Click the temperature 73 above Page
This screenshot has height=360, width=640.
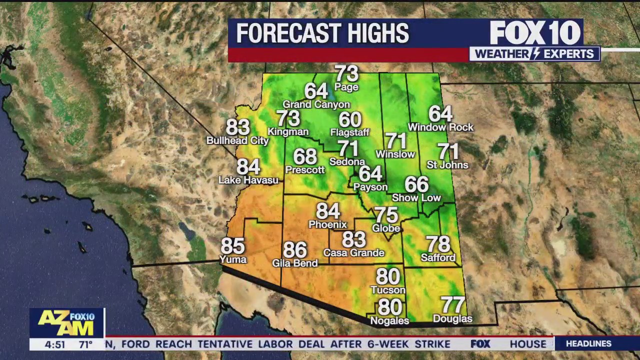point(346,74)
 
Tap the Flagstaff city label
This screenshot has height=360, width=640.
point(350,132)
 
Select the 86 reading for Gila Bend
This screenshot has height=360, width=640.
point(295,250)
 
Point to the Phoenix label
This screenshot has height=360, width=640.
point(327,224)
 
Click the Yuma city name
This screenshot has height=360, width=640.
point(233,259)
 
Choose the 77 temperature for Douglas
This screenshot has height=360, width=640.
point(452,304)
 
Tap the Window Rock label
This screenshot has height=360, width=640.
point(440,127)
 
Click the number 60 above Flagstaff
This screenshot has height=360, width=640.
point(350,120)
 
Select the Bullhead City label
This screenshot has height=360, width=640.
point(237,141)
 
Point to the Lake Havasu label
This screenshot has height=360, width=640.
point(248,180)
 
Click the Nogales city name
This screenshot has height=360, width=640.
point(389,320)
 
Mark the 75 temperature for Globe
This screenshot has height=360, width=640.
point(386,215)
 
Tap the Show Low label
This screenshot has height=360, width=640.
point(416,198)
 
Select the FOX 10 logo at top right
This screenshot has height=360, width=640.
point(535,33)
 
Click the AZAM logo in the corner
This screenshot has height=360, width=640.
point(66,323)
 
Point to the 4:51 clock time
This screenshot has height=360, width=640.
point(55,344)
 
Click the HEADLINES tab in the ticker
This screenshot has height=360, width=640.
point(588,344)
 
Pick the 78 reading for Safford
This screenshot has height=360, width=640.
point(438,244)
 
